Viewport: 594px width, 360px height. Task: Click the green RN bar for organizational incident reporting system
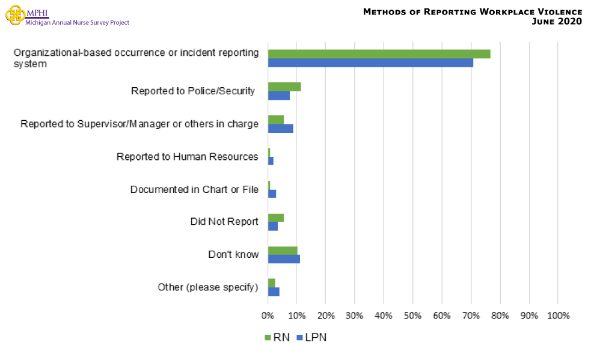pyautogui.click(x=379, y=54)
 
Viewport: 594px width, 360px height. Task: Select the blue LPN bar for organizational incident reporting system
pyautogui.click(x=370, y=63)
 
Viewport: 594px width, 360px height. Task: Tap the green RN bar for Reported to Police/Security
pyautogui.click(x=284, y=87)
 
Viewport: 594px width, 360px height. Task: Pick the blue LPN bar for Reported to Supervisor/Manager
pyautogui.click(x=281, y=128)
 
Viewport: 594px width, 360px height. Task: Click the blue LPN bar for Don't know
pyautogui.click(x=284, y=259)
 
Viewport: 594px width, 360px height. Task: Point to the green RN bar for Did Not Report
pyautogui.click(x=276, y=218)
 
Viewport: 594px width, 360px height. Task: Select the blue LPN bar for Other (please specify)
pyautogui.click(x=274, y=291)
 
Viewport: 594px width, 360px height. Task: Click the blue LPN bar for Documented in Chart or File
pyautogui.click(x=272, y=194)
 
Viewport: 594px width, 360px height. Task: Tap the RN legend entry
pyautogui.click(x=277, y=337)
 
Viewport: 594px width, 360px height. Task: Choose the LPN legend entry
pyautogui.click(x=311, y=337)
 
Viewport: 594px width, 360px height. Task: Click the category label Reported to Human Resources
pyautogui.click(x=188, y=157)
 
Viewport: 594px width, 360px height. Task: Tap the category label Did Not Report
pyautogui.click(x=224, y=222)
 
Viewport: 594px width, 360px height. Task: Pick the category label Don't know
pyautogui.click(x=233, y=254)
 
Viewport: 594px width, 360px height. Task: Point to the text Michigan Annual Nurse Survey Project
pyautogui.click(x=77, y=23)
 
